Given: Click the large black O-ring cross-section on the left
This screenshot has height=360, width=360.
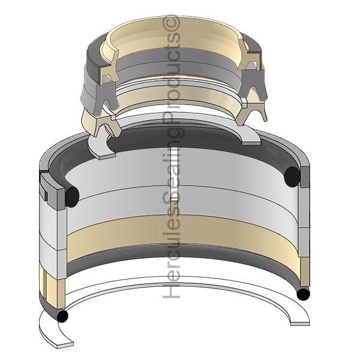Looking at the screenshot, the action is click(x=72, y=197).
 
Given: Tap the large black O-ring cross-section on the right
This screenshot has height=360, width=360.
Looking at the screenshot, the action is click(x=292, y=176).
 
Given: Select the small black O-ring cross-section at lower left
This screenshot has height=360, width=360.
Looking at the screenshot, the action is click(x=62, y=316).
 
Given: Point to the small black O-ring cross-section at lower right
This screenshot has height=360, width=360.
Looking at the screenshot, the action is click(x=303, y=295).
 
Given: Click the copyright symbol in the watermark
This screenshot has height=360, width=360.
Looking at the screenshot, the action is click(x=171, y=23).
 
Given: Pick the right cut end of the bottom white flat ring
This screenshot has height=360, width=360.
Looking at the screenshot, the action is click(x=300, y=323).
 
